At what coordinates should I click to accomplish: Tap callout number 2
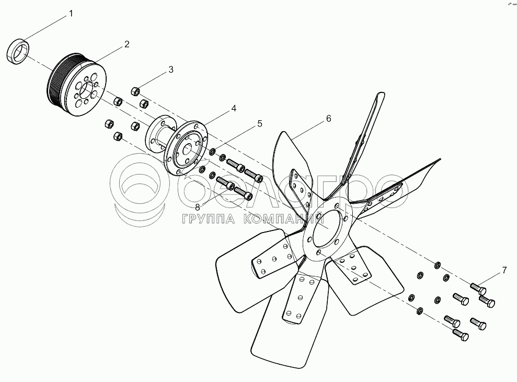[x=127, y=44]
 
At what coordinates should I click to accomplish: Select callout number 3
[x=170, y=70]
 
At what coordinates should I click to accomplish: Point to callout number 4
[x=234, y=108]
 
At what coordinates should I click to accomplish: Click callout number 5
[x=259, y=124]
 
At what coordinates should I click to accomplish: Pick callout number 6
[x=328, y=119]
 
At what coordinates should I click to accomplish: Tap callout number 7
[x=504, y=270]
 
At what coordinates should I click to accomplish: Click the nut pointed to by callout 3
[x=135, y=91]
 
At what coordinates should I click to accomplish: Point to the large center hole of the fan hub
[x=325, y=227]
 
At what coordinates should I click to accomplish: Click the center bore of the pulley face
[x=88, y=89]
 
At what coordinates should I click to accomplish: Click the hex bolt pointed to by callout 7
[x=478, y=288]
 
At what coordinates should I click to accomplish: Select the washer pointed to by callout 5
[x=213, y=152]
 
